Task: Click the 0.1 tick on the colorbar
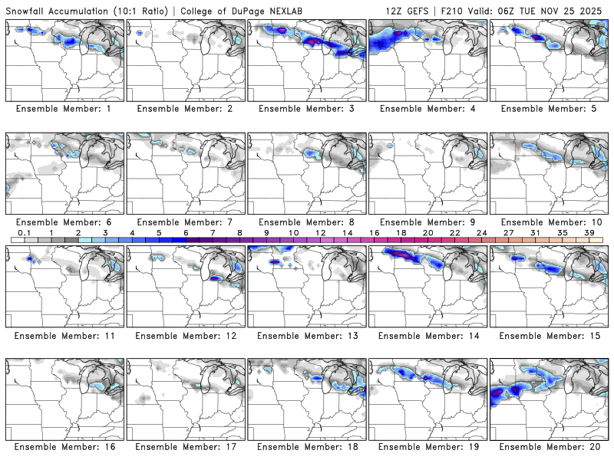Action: [25, 232]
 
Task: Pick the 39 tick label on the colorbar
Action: [589, 232]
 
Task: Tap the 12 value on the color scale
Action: [320, 232]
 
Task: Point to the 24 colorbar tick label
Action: [481, 232]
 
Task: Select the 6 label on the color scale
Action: [186, 232]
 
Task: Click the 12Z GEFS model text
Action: [408, 11]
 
